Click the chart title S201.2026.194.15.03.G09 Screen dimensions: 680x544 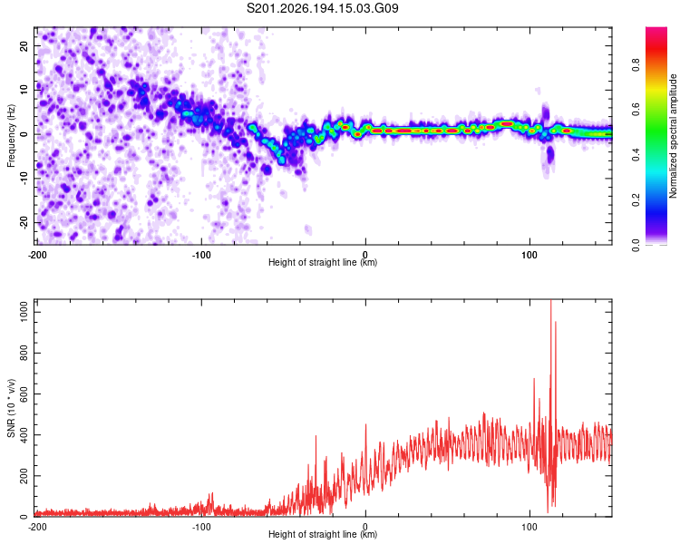coord(322,8)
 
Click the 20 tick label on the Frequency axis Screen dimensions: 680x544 coord(24,45)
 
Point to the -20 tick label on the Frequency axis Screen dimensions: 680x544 coord(24,222)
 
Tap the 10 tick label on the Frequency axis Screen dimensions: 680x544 coord(24,90)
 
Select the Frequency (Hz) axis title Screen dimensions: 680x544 coord(11,136)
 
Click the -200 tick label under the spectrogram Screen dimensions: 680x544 coord(38,255)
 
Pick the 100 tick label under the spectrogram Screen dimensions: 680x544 coord(529,255)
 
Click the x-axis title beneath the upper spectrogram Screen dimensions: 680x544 coord(323,262)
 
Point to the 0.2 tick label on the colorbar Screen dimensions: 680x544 coord(636,199)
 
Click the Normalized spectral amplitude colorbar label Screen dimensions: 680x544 coord(673,136)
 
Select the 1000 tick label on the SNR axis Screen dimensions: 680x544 coord(24,312)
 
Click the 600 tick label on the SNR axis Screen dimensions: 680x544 coord(24,393)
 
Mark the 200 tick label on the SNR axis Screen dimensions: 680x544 coord(24,475)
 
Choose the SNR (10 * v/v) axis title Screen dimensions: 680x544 coord(11,408)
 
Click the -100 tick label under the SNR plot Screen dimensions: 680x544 coord(201,527)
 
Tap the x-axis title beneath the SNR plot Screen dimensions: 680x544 coord(323,534)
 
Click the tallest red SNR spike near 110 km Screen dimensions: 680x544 coord(550,300)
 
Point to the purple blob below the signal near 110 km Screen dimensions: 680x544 coord(550,155)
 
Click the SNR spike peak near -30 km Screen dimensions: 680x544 coord(316,435)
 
